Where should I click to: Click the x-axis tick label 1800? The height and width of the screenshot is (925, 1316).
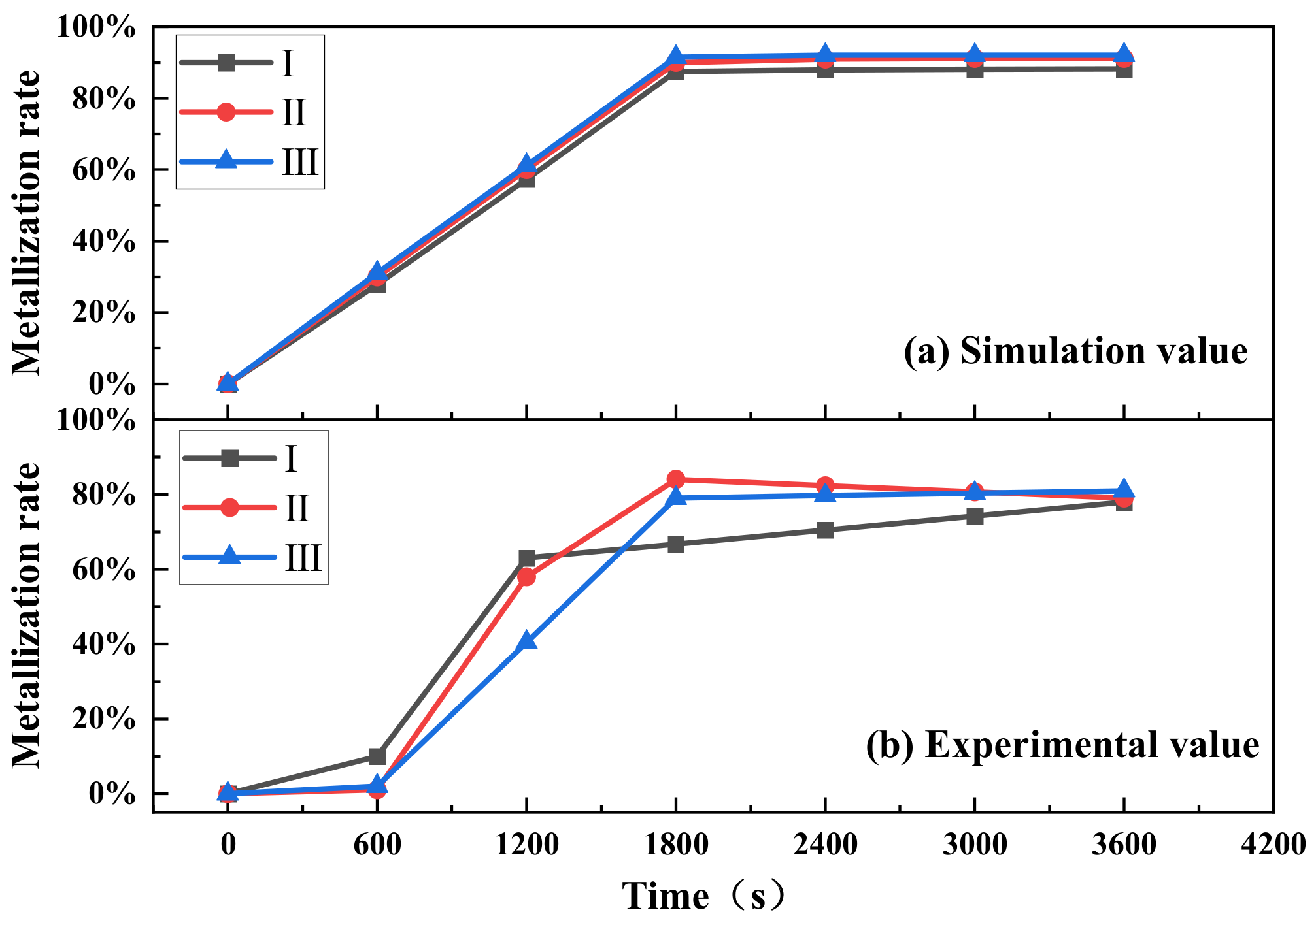[x=676, y=845]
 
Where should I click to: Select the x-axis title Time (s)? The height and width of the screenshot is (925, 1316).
[x=703, y=896]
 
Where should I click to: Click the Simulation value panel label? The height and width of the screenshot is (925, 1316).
[x=1075, y=351]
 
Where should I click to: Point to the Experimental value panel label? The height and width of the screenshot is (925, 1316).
[x=1062, y=745]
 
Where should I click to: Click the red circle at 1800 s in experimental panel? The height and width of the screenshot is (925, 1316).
[x=676, y=479]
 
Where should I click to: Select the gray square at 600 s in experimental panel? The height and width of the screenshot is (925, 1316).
[x=377, y=756]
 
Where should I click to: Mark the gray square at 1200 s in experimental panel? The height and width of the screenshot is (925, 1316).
[x=527, y=559]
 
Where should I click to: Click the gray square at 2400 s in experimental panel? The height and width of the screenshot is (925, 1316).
[x=826, y=530]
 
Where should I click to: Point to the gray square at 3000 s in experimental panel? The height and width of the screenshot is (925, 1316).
[x=975, y=516]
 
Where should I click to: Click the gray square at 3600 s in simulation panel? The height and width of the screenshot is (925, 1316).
[x=1124, y=69]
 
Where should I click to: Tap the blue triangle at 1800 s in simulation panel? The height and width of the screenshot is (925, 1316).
[x=676, y=57]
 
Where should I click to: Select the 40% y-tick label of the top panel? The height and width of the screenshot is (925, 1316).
[x=105, y=242]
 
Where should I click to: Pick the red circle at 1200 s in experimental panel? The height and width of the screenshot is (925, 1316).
[x=526, y=577]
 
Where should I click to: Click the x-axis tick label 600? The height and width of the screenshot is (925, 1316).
[x=377, y=845]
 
